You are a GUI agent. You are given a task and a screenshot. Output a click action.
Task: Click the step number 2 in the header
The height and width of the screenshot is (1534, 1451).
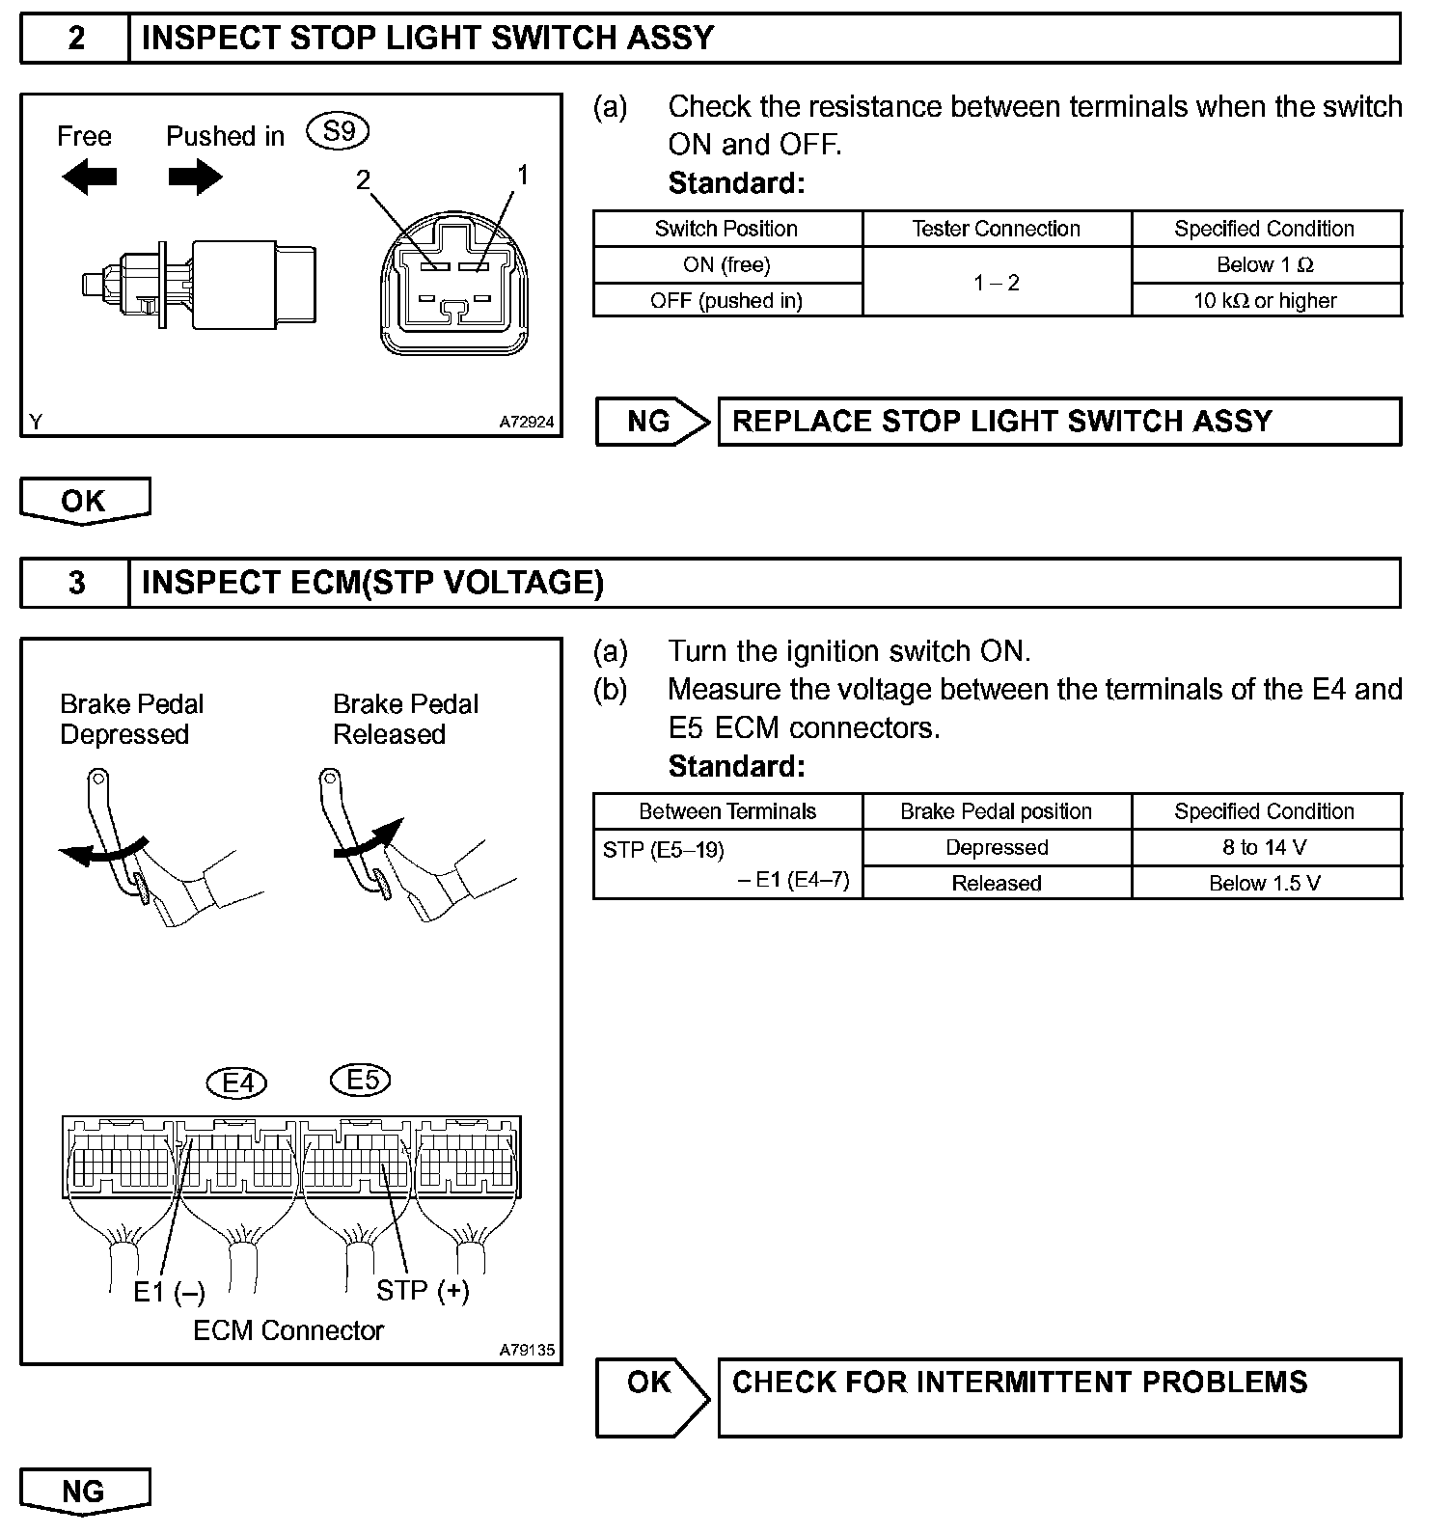pos(76,39)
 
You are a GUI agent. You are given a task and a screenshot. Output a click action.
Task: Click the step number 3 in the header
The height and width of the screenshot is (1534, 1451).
pos(76,583)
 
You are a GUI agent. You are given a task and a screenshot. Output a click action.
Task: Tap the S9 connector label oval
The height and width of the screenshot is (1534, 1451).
pos(338,131)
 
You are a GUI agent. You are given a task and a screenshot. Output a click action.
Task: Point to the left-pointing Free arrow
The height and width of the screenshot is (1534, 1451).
pos(89,177)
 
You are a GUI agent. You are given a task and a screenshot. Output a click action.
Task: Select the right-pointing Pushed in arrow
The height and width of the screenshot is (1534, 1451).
pos(195,177)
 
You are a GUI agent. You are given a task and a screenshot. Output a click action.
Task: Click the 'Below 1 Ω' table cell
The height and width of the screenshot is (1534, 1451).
pos(1265,264)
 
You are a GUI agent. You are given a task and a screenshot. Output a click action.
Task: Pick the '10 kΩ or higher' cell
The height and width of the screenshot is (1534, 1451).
pos(1265,300)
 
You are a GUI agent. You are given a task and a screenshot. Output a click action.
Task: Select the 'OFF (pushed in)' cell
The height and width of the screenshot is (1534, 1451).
pos(726,300)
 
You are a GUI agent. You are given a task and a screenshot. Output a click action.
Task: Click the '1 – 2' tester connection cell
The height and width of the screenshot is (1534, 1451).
pos(996,283)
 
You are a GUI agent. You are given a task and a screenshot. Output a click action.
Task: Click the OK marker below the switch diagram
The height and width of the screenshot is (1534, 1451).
pos(84,501)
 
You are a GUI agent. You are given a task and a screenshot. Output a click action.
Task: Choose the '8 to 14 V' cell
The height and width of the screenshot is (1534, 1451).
pos(1265,847)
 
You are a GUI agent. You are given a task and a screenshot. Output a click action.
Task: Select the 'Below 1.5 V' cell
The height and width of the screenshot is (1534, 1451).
pos(1265,883)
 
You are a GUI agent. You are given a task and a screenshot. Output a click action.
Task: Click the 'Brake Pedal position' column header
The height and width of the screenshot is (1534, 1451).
pos(996,811)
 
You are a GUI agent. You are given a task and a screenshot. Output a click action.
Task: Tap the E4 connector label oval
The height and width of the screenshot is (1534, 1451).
pos(237,1083)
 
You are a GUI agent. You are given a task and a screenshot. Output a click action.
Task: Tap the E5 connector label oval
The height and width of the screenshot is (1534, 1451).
pos(361,1080)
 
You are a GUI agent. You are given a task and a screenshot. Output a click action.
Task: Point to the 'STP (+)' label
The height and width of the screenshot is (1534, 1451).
pos(423,1290)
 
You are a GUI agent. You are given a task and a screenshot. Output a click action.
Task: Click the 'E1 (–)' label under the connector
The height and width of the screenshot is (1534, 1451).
pos(169,1292)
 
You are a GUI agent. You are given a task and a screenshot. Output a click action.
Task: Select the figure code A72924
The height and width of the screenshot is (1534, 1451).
pos(527,422)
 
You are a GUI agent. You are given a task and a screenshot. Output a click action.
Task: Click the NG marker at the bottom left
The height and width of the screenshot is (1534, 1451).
pos(84,1492)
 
